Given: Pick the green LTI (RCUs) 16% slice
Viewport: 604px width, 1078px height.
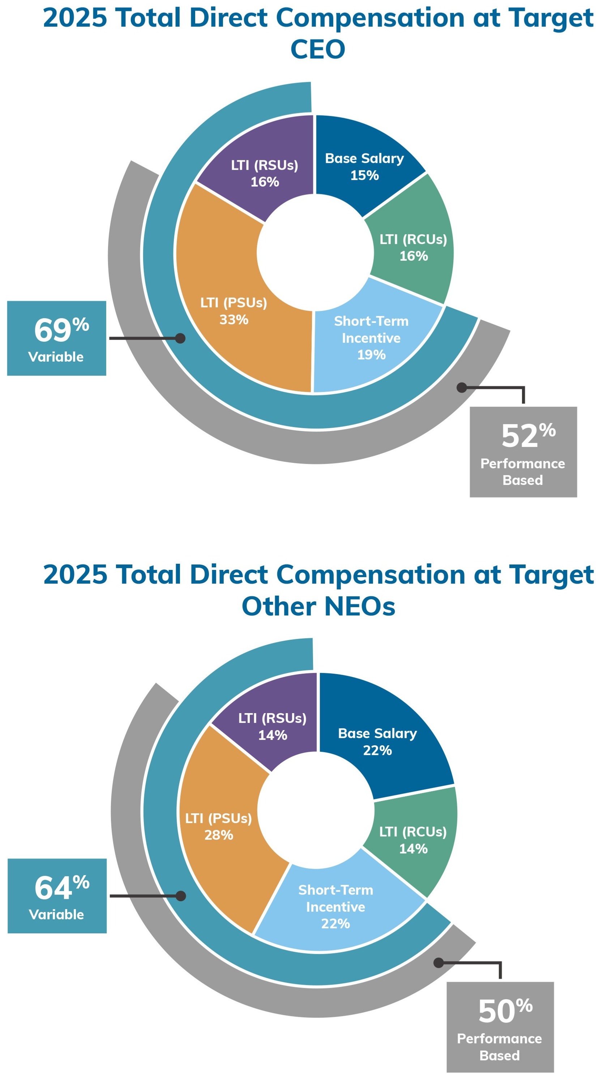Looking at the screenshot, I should tap(413, 247).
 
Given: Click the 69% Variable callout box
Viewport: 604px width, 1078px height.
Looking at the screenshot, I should tap(56, 338).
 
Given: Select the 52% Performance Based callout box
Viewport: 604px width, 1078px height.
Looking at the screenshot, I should tap(523, 452).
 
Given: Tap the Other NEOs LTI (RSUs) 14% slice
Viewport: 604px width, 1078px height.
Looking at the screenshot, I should tap(272, 726).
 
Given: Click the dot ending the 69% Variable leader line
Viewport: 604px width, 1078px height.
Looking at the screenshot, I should tap(180, 338).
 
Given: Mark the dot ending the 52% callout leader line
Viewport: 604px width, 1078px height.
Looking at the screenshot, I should tap(461, 388).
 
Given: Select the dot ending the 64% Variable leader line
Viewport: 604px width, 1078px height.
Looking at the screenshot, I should tap(181, 896).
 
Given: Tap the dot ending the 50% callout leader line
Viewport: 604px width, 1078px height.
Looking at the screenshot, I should tap(438, 963).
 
